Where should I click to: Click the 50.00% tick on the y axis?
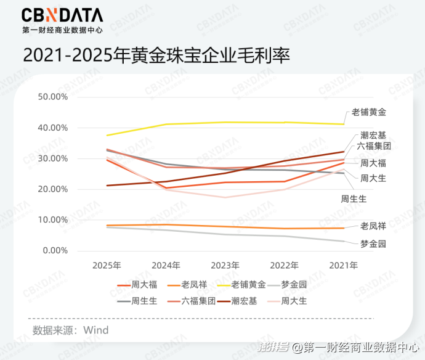point(53,97)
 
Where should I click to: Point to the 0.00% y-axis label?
point(55,250)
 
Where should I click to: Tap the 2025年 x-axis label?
point(107,265)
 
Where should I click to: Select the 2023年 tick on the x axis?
point(225,265)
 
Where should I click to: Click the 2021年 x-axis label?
point(344,265)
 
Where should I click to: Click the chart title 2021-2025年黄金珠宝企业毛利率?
point(156,55)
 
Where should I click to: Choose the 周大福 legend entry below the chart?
point(137,285)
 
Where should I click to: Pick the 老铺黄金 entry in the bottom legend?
point(241,285)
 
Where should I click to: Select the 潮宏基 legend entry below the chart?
point(237,301)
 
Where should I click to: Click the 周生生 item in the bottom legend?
point(137,301)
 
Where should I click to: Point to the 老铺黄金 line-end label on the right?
point(368,112)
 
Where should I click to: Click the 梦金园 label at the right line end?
point(373,244)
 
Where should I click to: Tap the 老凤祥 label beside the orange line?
point(373,226)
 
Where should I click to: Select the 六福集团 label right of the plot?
point(374,146)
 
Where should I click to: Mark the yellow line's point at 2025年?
point(107,135)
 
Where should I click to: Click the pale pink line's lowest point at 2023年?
point(225,197)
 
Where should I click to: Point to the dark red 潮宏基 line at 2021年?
point(344,152)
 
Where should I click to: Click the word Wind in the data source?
point(96,330)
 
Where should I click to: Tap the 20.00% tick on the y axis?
point(53,189)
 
